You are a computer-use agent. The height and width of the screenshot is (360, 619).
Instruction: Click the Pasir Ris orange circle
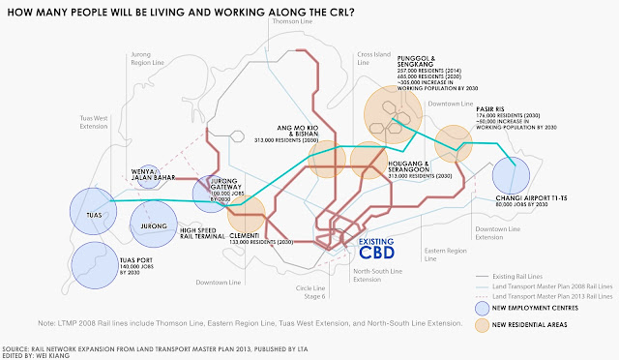coord(452,145)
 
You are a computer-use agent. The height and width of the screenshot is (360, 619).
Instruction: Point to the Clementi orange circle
coord(247,214)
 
